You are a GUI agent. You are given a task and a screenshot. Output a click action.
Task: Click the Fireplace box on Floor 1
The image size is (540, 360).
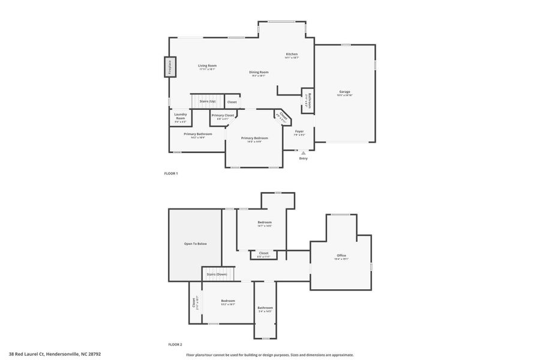tap(170, 67)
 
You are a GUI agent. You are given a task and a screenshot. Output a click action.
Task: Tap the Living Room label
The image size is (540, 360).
tap(208, 67)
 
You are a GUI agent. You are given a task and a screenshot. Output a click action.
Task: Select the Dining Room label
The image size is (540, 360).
tap(259, 73)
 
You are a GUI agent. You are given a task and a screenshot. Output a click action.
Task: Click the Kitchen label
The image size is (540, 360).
tap(292, 55)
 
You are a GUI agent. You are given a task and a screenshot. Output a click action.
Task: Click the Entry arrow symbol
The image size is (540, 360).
tap(303, 153)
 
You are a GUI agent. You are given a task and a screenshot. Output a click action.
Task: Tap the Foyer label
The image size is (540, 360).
tap(299, 132)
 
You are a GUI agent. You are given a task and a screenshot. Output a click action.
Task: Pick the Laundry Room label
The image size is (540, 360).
tap(180, 116)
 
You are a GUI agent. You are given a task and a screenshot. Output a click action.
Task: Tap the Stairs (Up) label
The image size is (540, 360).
tap(208, 101)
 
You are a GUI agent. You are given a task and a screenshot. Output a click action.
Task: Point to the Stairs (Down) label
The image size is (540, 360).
tap(217, 274)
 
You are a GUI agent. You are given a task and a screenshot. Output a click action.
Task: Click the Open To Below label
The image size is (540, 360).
tap(195, 244)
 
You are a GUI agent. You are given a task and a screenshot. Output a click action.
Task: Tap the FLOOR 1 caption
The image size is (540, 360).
tap(171, 173)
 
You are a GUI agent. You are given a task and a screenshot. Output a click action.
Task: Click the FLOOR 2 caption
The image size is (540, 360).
tap(175, 344)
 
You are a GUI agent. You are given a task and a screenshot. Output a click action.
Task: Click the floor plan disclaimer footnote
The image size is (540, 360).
tap(269, 355)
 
